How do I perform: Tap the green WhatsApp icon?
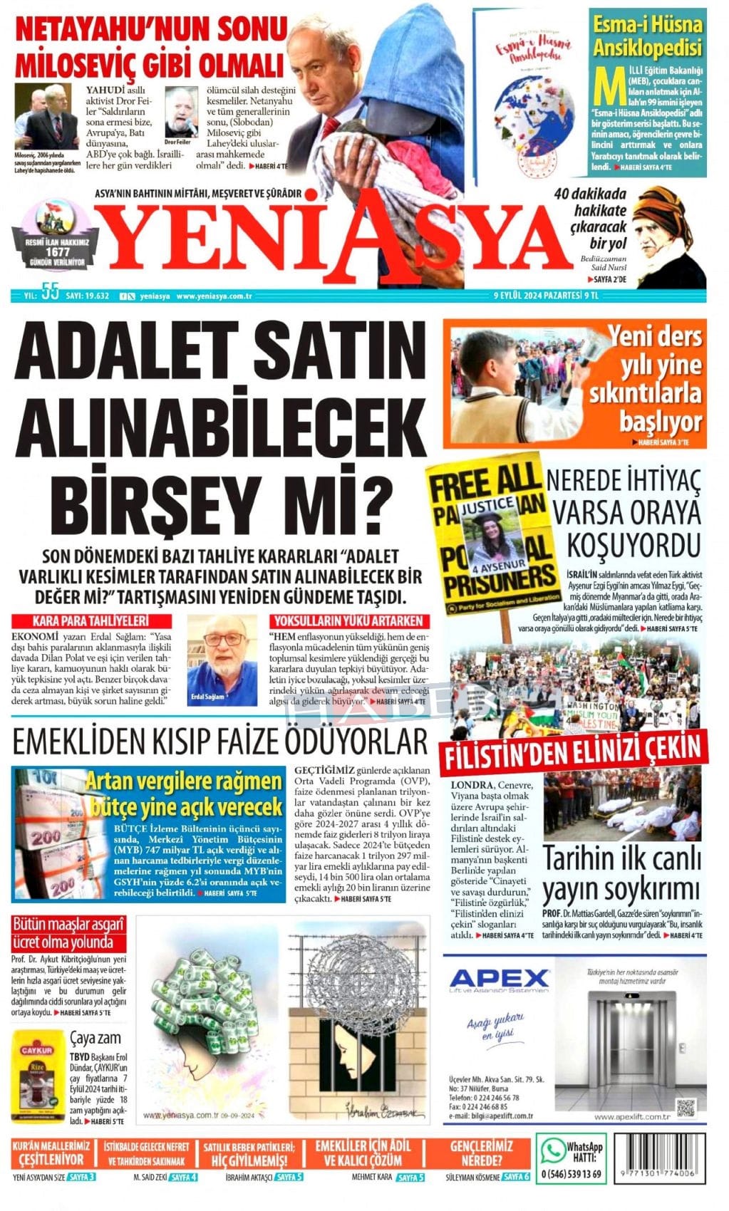(552, 1150)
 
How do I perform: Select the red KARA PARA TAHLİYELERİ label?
(90, 620)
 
